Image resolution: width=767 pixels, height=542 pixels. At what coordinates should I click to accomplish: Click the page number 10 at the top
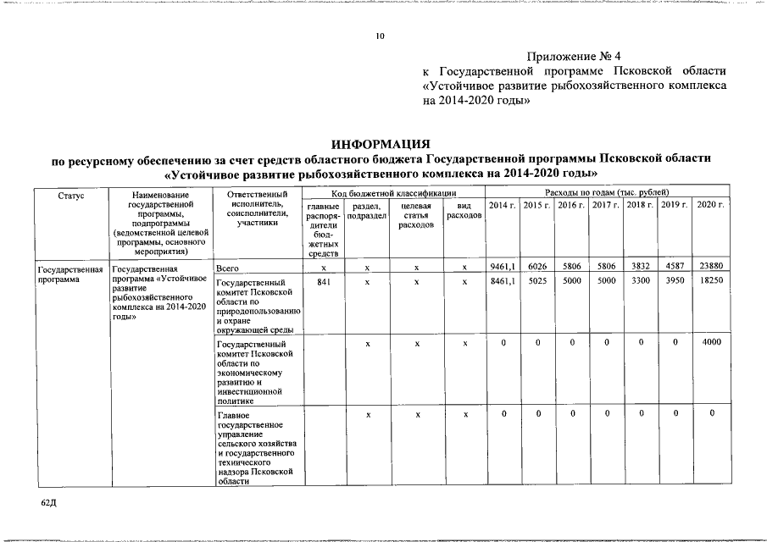click(x=381, y=36)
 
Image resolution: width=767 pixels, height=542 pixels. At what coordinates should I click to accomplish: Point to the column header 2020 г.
click(x=710, y=206)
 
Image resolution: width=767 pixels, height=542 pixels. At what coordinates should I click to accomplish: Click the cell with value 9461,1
click(x=503, y=267)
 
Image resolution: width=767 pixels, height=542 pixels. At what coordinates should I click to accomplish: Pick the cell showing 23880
click(x=710, y=267)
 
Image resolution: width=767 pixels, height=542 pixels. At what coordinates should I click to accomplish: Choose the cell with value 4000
click(x=710, y=343)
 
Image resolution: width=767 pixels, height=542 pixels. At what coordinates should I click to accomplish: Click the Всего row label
click(x=231, y=268)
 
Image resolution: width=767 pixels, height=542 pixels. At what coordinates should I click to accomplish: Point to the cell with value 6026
click(x=536, y=267)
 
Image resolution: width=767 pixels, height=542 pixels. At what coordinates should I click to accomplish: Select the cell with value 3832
click(x=641, y=267)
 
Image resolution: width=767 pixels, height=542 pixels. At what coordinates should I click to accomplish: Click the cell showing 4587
click(x=674, y=267)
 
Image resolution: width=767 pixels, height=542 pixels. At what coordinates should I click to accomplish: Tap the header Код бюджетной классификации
click(x=393, y=195)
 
